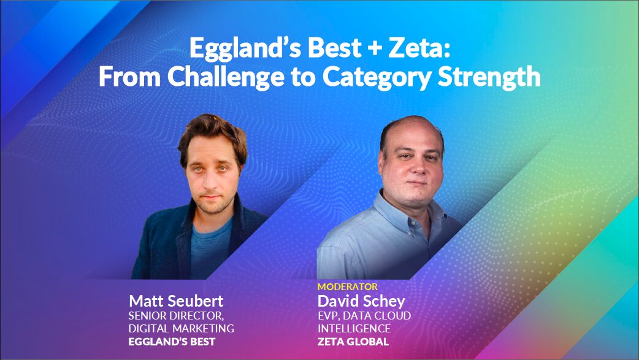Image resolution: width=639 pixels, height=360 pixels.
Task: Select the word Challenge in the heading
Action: [x=225, y=77]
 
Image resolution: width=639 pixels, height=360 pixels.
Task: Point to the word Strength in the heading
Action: [x=489, y=77]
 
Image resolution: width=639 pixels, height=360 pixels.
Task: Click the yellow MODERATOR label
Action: [x=348, y=286]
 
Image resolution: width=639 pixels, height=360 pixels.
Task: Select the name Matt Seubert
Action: [x=176, y=301]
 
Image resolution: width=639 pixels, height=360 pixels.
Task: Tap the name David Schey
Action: [x=361, y=301]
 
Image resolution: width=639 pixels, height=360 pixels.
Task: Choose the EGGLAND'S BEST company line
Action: [x=172, y=342]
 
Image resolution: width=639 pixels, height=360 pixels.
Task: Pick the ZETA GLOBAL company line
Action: [x=353, y=342]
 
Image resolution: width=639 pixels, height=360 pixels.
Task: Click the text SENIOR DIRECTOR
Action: [x=176, y=316]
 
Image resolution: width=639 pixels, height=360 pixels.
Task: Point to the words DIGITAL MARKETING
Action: [x=182, y=329]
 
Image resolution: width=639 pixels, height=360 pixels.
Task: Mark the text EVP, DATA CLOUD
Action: [x=364, y=316]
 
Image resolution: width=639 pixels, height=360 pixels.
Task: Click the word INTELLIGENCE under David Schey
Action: [x=354, y=329]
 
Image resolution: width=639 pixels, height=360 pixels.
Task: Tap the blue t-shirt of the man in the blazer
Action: [x=210, y=249]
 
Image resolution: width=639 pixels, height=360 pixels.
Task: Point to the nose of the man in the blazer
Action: [x=211, y=182]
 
